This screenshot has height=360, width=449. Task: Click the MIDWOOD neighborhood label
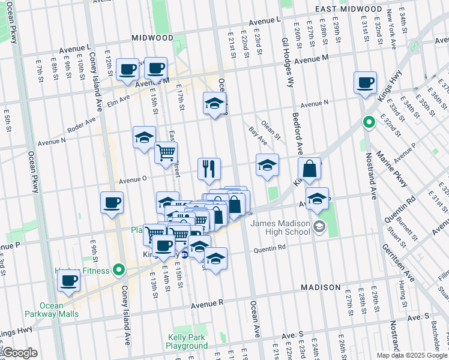point(152,38)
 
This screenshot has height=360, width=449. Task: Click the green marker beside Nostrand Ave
point(369,123)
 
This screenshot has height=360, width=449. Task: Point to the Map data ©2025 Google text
point(411,355)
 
